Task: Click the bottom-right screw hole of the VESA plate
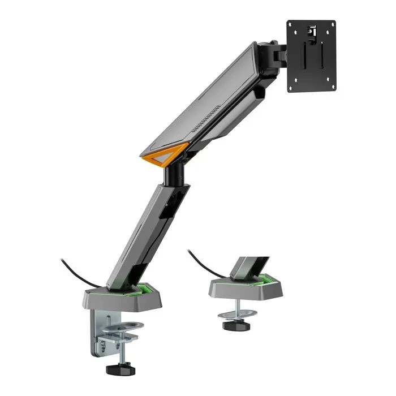331,87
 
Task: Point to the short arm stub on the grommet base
248,265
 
